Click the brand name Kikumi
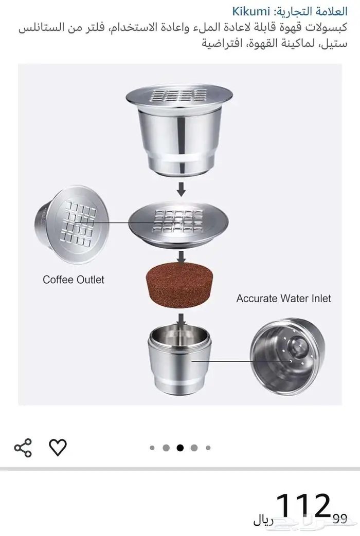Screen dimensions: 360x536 (x=251, y=12)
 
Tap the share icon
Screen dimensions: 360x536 (x=23, y=448)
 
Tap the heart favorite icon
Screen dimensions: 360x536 (x=58, y=448)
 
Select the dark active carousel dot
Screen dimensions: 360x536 (x=180, y=448)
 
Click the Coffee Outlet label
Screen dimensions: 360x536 (x=73, y=280)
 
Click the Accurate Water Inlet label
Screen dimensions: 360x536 (x=284, y=299)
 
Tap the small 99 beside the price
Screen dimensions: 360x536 (x=340, y=519)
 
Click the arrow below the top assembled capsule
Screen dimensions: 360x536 (x=182, y=190)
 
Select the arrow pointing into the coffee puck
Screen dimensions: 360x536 (x=182, y=258)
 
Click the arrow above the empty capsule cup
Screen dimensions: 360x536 (x=182, y=320)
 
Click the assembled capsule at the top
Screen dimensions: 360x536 (x=179, y=130)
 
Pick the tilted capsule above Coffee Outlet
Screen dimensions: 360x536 (x=72, y=225)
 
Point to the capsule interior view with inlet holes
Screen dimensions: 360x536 (x=287, y=357)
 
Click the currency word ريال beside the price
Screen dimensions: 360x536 (x=263, y=521)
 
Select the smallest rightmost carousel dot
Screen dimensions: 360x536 (x=208, y=448)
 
